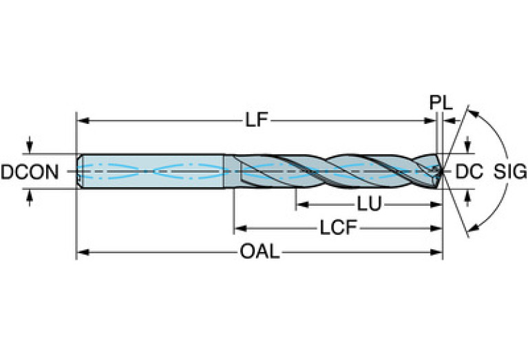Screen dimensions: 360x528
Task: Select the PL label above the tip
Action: pos(441,103)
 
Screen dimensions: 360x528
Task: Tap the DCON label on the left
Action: pos(30,171)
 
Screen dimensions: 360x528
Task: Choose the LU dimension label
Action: pos(369,204)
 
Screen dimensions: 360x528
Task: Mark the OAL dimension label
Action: pos(260,252)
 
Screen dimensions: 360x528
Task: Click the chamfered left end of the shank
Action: pos(79,170)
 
